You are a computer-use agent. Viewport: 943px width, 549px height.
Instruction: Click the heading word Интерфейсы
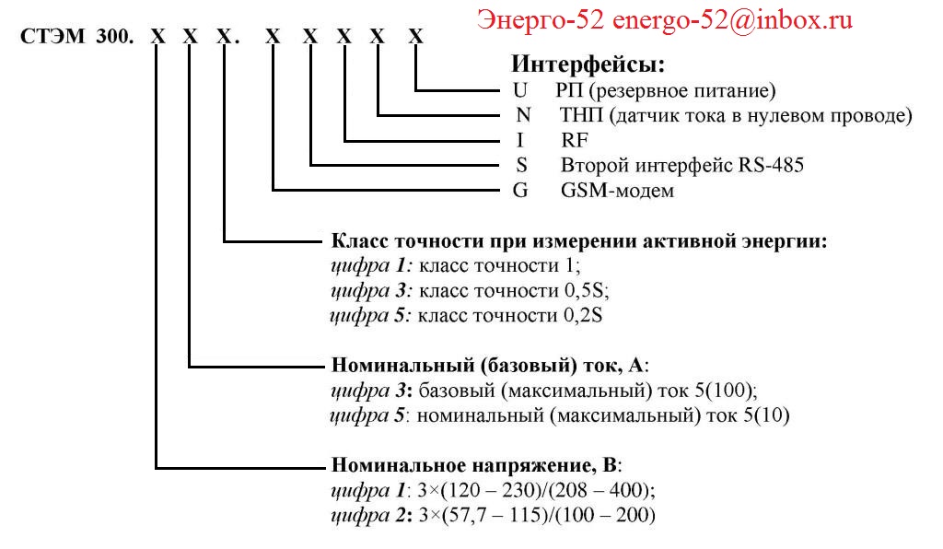click(x=587, y=64)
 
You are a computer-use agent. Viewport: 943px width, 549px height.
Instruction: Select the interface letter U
click(x=520, y=90)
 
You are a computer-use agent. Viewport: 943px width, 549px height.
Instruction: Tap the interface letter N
click(x=523, y=115)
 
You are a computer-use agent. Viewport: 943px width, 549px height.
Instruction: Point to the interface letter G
click(x=520, y=190)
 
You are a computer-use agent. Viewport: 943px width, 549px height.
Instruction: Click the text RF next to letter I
click(x=575, y=140)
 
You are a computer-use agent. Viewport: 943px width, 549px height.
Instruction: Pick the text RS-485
click(x=771, y=165)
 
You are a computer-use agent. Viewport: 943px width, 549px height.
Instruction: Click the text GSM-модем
click(x=617, y=190)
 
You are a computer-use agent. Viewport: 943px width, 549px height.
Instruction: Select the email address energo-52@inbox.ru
click(x=732, y=20)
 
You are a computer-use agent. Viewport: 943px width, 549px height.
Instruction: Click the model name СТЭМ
click(x=52, y=36)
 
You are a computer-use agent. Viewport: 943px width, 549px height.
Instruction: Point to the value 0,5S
click(x=587, y=290)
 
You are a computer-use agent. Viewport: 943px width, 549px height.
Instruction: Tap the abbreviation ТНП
click(x=581, y=115)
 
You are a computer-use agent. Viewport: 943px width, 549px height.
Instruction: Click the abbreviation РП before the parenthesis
click(x=569, y=90)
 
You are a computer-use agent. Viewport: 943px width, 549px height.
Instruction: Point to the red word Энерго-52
click(x=541, y=20)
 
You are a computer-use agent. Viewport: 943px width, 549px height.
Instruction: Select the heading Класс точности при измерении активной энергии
click(x=579, y=241)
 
